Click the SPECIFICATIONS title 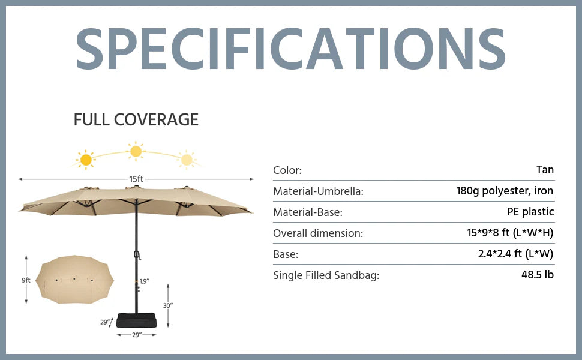[290, 49]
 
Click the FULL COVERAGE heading [136, 119]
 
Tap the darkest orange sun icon [86, 160]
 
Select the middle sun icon [136, 151]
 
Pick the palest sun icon [187, 160]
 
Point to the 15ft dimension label [136, 179]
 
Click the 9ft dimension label [26, 280]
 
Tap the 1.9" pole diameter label [145, 281]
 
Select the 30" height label [168, 305]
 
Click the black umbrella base [137, 320]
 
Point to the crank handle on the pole [137, 256]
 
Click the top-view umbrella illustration [74, 280]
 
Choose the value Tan [545, 170]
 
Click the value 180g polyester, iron [505, 191]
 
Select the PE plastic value [530, 212]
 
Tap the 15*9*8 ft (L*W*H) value [510, 233]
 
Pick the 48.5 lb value [538, 275]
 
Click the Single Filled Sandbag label [326, 275]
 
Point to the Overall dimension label [318, 233]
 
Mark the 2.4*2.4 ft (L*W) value [515, 254]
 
